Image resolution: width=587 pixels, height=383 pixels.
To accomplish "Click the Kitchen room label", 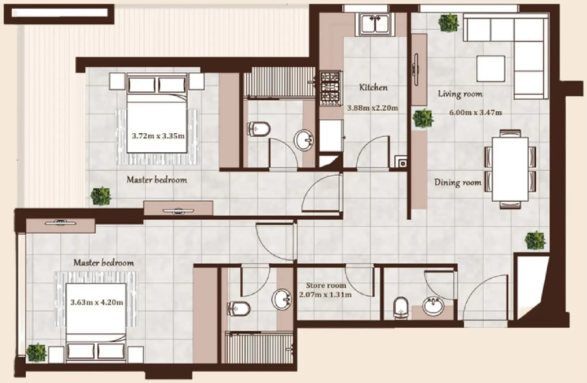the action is point(373,87).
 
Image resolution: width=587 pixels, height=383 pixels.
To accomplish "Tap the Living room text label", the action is point(460,94).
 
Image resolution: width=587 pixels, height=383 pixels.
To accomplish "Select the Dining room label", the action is point(458,182).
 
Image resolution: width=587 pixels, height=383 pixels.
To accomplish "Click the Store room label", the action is point(326,285).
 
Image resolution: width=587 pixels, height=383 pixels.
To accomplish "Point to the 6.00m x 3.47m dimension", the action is point(475,113).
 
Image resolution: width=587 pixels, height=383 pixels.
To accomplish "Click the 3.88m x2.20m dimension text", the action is point(372,108).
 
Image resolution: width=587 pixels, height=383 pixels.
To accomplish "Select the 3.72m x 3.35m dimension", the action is point(158,136).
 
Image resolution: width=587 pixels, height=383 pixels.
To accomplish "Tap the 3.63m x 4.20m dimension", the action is point(97,302).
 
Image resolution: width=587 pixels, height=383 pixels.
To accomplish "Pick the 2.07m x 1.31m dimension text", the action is point(325,294).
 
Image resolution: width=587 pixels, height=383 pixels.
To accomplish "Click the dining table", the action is point(510,169).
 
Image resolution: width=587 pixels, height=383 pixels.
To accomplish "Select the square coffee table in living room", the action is point(491,69).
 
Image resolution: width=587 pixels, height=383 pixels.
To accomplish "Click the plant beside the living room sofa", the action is point(449,22).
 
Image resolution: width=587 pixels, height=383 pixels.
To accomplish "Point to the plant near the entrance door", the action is point(535,240).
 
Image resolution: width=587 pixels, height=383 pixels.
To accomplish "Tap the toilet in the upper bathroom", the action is point(259,129).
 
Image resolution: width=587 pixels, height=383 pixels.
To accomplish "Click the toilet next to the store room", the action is point(400,308).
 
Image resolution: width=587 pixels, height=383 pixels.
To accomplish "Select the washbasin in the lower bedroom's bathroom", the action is point(282,299).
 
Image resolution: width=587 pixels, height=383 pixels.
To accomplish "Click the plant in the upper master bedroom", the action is point(101,196).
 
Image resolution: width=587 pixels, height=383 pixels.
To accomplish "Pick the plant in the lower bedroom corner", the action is point(37,353).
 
